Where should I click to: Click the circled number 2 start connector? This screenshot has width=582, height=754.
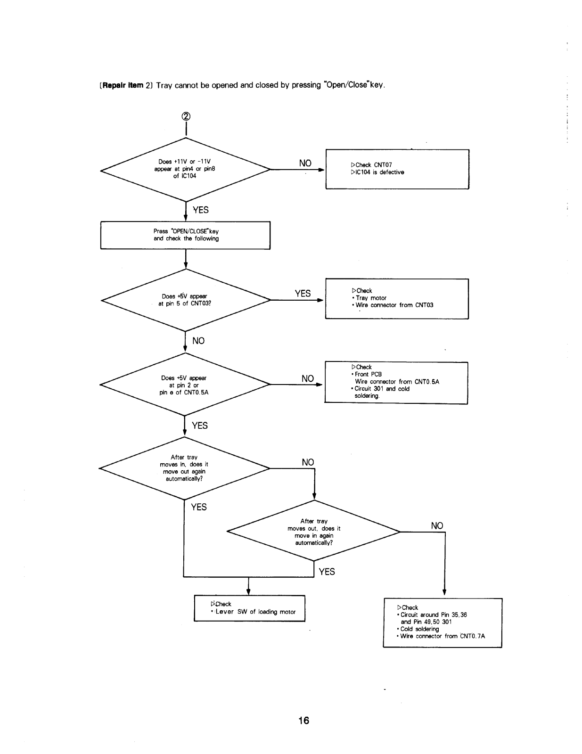coord(186,116)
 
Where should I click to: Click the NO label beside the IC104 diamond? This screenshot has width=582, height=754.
coord(305,163)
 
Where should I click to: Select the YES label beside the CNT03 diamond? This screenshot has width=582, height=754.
coord(303,294)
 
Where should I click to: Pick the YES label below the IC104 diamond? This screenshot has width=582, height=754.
coord(200,210)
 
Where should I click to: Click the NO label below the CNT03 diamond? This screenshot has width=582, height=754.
coord(198,341)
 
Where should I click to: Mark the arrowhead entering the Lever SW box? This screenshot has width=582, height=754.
coord(248,592)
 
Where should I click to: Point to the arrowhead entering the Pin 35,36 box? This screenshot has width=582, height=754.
coord(444,592)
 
